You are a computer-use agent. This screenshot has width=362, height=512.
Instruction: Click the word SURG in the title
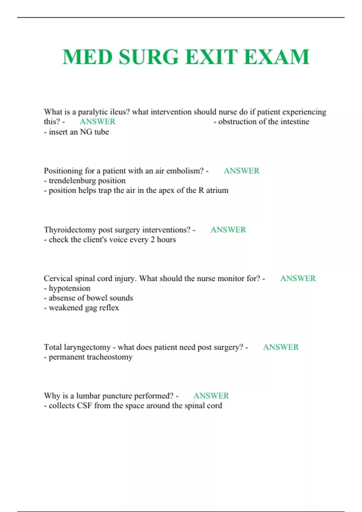149,57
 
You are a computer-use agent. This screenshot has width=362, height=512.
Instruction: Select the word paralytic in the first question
93,112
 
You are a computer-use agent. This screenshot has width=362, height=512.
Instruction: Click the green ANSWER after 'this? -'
97,122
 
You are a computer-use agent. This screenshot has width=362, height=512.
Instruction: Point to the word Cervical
58,279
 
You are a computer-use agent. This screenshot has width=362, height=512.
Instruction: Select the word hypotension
69,289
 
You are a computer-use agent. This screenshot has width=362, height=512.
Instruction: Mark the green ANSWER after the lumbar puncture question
211,396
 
